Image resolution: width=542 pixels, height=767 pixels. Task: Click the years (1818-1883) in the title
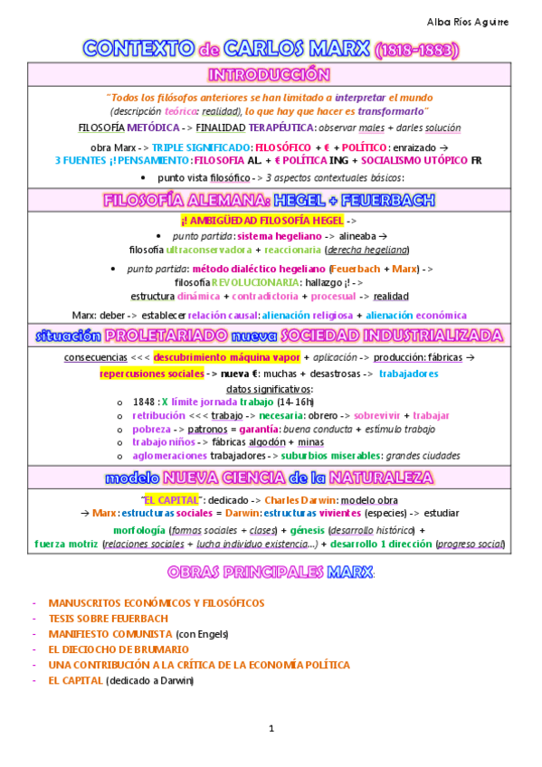[x=416, y=50]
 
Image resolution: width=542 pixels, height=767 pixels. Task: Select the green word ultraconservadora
[x=208, y=249]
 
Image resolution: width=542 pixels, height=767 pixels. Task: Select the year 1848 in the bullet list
[x=144, y=401]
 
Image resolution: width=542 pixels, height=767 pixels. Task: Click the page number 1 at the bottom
[x=271, y=729]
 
